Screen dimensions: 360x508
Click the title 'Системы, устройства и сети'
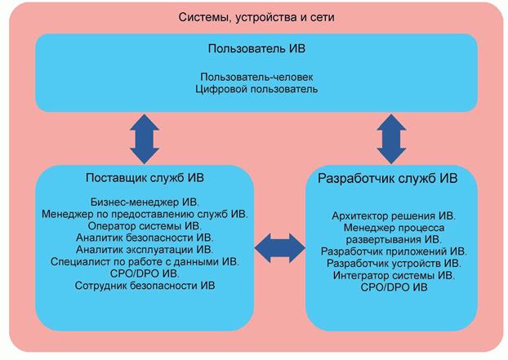click(x=256, y=16)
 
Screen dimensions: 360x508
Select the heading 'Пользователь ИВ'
click(x=256, y=48)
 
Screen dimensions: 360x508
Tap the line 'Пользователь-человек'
click(x=256, y=76)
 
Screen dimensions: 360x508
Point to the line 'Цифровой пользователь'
click(x=256, y=88)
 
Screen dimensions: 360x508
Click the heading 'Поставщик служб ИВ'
click(x=144, y=177)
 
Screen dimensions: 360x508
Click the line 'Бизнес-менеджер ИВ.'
click(x=144, y=201)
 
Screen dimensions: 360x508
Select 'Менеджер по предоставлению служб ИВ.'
click(x=144, y=213)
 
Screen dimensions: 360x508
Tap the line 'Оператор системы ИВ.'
click(x=144, y=225)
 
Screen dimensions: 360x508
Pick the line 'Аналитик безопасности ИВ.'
click(x=144, y=238)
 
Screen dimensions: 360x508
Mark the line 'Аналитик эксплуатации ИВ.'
click(x=144, y=249)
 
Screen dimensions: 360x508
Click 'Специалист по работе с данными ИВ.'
click(x=144, y=261)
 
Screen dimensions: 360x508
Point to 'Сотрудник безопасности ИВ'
click(x=144, y=286)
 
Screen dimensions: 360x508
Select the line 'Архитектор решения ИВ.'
click(x=394, y=216)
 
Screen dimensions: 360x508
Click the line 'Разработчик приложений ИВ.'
click(x=394, y=251)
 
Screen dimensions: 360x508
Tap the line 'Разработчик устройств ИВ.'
click(x=394, y=264)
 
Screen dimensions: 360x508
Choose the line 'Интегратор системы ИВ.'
click(x=394, y=276)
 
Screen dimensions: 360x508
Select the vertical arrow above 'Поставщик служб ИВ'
click(x=145, y=138)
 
